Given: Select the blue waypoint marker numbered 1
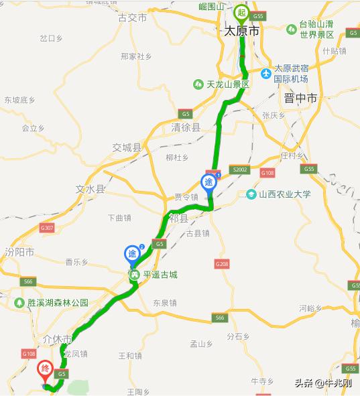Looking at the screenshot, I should (x=209, y=182).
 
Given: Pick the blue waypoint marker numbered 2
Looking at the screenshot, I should (x=132, y=255).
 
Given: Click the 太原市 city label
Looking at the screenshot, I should (x=241, y=31).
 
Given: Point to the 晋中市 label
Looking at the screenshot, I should (x=300, y=98).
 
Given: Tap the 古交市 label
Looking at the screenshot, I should (x=132, y=17).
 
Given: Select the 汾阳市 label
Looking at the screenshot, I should (x=19, y=252).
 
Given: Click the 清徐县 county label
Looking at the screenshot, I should (x=186, y=127).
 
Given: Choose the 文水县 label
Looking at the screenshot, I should (x=91, y=190).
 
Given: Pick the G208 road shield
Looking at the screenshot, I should (x=223, y=265).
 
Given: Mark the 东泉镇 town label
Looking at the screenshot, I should (x=164, y=303).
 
